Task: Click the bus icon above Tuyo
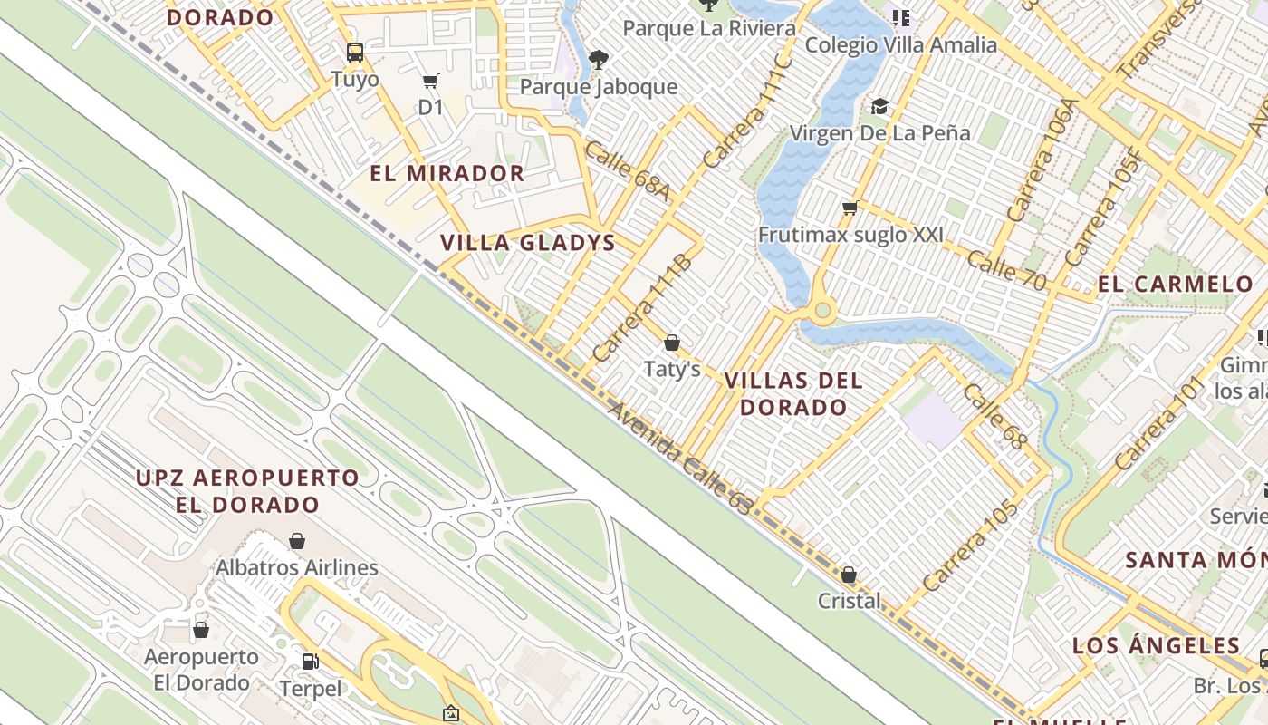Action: (x=355, y=52)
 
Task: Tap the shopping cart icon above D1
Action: (x=431, y=82)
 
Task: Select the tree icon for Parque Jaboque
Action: (x=598, y=60)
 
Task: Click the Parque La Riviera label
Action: (x=709, y=27)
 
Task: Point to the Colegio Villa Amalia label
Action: (x=900, y=44)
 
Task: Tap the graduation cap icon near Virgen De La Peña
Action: (x=879, y=107)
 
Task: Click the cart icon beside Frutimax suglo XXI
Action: (x=850, y=209)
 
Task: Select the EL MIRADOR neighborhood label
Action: (x=447, y=173)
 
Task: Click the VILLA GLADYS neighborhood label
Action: (x=527, y=242)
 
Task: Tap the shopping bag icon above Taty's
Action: (x=671, y=343)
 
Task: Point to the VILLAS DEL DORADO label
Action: (x=793, y=393)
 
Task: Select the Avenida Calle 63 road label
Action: (x=679, y=459)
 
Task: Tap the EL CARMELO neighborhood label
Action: (x=1175, y=284)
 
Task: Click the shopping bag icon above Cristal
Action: (x=849, y=575)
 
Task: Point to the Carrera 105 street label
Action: (x=970, y=546)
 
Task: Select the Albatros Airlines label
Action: (x=296, y=568)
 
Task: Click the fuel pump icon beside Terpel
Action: (x=310, y=662)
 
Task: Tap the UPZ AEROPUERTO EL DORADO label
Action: (x=247, y=490)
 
